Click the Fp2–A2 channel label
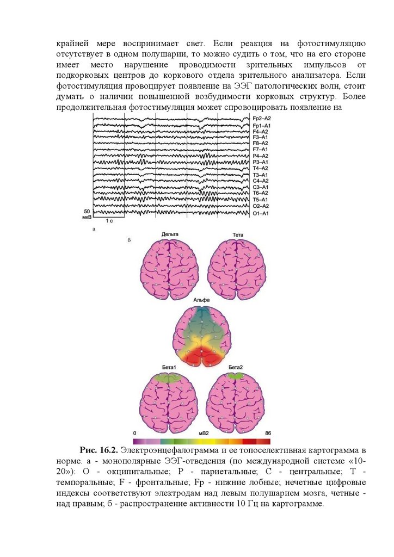[261, 118]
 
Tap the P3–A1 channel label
[260, 162]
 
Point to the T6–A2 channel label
[260, 193]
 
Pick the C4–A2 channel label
[260, 181]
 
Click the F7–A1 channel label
[260, 149]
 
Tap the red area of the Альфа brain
[202, 356]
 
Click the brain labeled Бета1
[168, 403]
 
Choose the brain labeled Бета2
[235, 403]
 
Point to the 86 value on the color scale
[267, 433]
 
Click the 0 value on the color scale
[134, 433]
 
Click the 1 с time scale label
[109, 221]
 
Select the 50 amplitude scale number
[87, 211]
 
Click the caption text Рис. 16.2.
[98, 450]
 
